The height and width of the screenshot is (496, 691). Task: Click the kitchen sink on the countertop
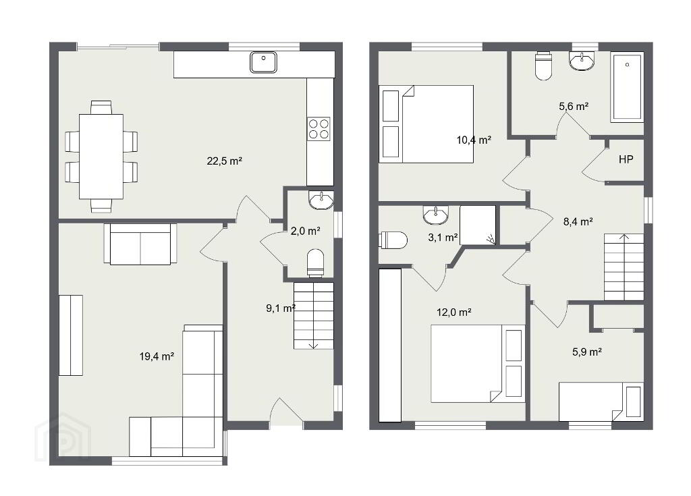point(264,61)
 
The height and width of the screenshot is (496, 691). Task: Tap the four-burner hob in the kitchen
point(319,129)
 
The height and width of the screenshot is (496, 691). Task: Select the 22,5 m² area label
point(224,161)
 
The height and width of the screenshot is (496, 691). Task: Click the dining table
point(101,157)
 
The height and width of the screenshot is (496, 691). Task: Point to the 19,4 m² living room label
point(157,356)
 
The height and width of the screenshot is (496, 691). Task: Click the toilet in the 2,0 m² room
point(315,263)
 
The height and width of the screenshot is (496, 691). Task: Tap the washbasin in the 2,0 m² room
point(322,200)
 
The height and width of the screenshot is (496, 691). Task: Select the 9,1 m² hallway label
point(281,308)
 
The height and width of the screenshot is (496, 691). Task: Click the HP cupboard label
point(626,159)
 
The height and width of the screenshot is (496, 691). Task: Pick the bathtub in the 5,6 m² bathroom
point(627,87)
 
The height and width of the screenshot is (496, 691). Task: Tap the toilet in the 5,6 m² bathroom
point(544,66)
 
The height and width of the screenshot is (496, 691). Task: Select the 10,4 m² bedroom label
point(474,140)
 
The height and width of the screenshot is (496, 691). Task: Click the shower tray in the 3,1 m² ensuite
point(478,225)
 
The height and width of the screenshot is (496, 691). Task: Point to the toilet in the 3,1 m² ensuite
point(393,240)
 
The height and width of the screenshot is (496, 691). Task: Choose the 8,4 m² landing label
point(578,221)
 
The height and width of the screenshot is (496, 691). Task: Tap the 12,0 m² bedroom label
point(454,312)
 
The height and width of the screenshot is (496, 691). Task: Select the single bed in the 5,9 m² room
point(600,402)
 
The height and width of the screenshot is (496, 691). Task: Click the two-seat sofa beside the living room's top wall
point(140,244)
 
